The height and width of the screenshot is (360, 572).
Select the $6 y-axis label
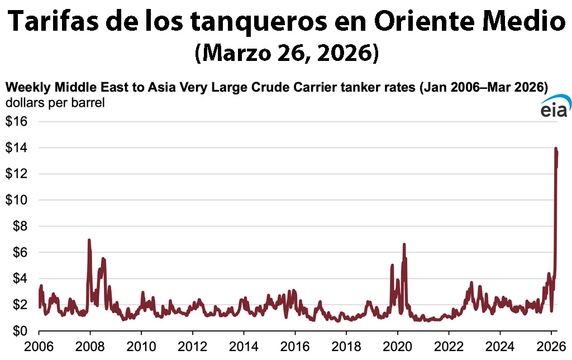coord(21,253)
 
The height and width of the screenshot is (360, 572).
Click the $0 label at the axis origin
coord(21,331)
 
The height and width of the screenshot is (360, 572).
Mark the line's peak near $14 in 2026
coord(555,149)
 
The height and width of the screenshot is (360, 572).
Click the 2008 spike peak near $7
coord(89,240)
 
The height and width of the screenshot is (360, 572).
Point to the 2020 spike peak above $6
coord(404,245)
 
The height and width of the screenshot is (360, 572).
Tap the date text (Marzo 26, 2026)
coord(287,54)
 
